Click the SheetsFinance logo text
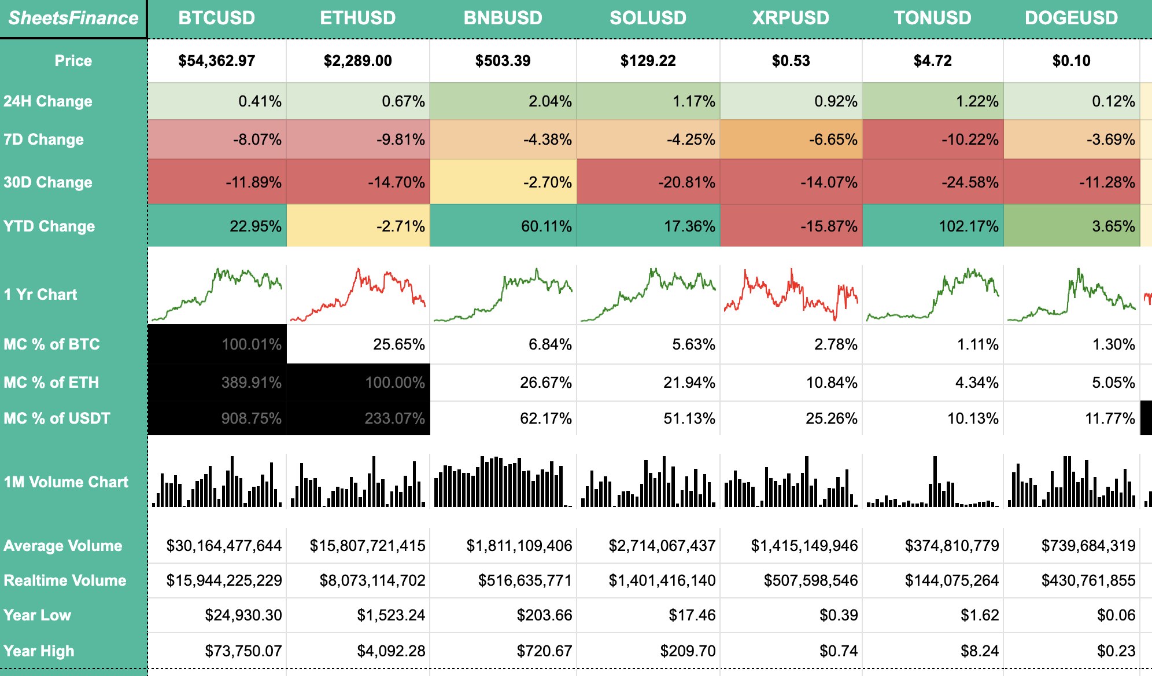pos(73,18)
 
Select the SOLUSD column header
pos(648,18)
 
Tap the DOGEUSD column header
pos(1071,18)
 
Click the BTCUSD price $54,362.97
pos(216,61)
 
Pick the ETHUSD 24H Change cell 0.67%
pos(403,101)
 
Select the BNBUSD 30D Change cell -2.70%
pos(547,182)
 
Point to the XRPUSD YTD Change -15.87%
pos(828,226)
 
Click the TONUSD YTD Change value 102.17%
pos(968,226)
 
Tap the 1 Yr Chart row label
pos(40,295)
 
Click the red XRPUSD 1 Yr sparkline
pos(791,294)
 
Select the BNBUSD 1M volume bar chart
pos(503,482)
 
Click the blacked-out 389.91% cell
pos(251,383)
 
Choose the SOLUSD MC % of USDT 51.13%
pos(689,418)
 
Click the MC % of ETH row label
pos(51,383)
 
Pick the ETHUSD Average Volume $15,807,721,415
pos(367,546)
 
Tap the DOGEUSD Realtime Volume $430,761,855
pos(1088,581)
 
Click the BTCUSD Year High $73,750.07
pos(243,651)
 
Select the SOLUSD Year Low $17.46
pos(692,615)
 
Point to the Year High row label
pos(39,651)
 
